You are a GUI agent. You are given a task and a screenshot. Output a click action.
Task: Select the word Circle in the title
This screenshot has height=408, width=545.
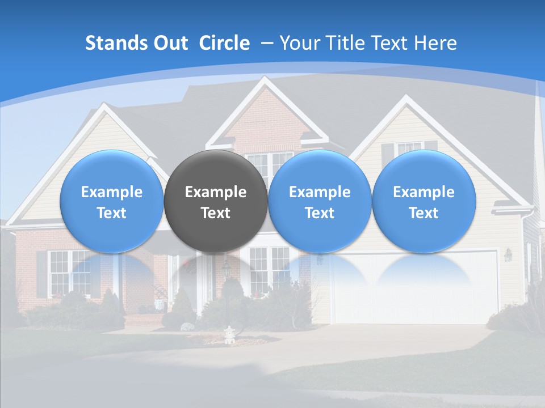pyautogui.click(x=224, y=43)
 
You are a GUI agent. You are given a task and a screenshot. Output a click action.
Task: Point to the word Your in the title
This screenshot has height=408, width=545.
pyautogui.click(x=299, y=43)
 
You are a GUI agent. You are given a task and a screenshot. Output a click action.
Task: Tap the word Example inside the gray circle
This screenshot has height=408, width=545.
pyautogui.click(x=216, y=192)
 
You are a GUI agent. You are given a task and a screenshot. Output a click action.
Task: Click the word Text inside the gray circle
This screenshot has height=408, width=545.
pyautogui.click(x=216, y=213)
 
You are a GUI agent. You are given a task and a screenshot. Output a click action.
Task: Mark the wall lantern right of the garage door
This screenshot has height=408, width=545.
pyautogui.click(x=508, y=255)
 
